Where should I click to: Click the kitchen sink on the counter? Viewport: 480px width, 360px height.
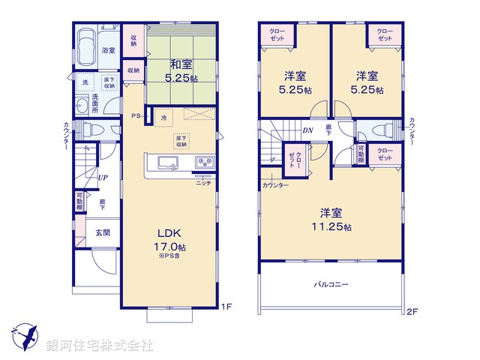(163, 163)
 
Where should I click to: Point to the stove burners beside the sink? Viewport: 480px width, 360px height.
(205, 163)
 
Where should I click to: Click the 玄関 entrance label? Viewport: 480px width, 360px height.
(103, 232)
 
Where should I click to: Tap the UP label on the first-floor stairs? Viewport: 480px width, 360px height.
(100, 178)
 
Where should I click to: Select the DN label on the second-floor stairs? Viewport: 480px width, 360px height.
(307, 130)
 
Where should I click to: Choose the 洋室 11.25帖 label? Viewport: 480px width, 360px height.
(333, 218)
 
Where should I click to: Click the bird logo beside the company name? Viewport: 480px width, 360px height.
(25, 336)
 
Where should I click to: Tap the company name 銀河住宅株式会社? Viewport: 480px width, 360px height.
(100, 345)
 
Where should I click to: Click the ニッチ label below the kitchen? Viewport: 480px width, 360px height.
(203, 182)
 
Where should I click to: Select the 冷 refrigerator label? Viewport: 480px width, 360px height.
(164, 116)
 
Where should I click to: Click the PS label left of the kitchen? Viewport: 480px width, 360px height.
(136, 115)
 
